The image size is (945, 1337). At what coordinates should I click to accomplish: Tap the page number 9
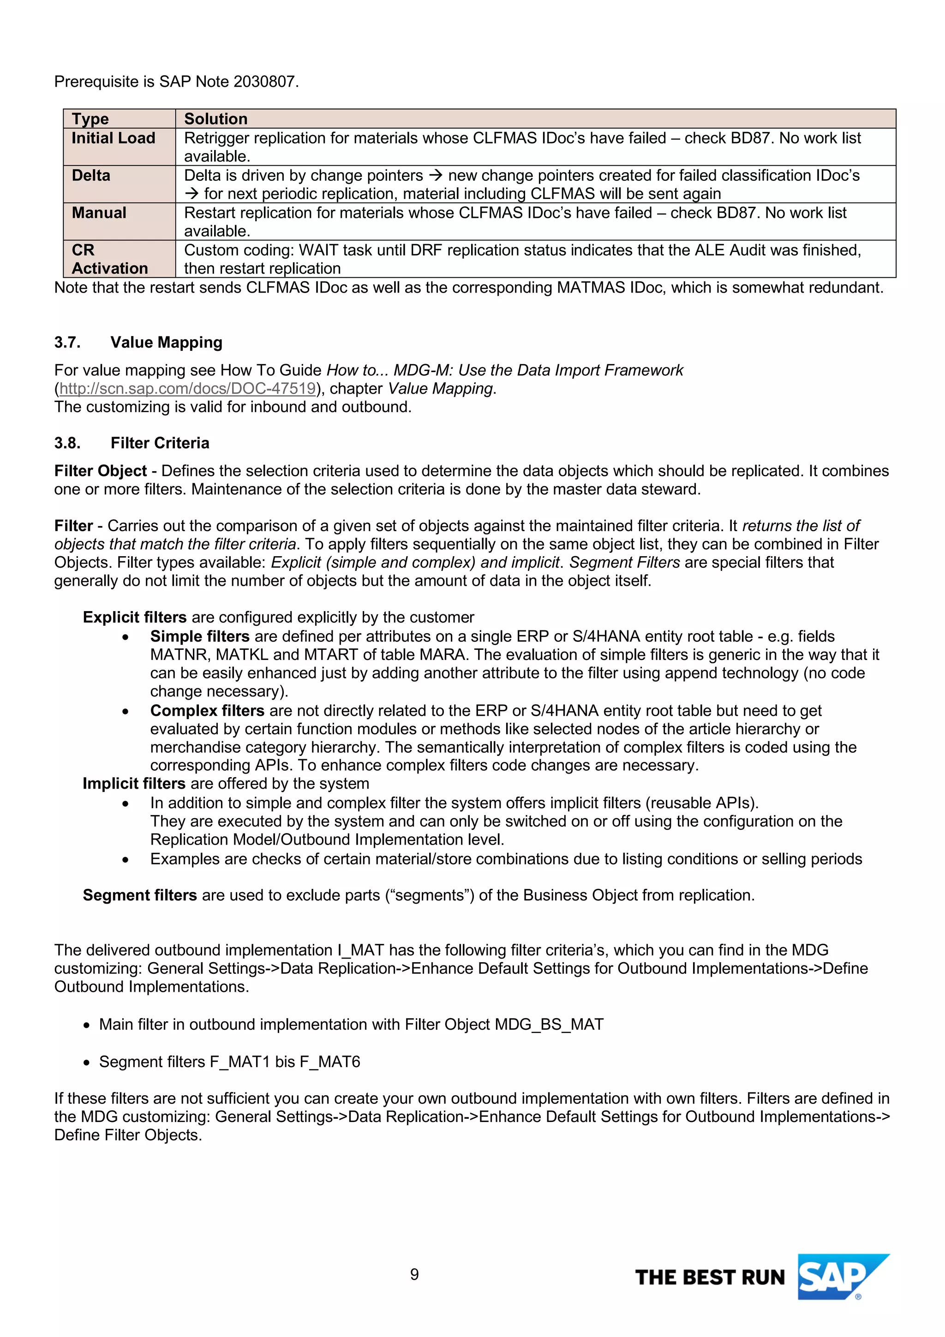[x=414, y=1274]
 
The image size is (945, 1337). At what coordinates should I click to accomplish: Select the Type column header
[x=90, y=119]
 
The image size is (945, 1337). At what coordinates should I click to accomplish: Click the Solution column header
[x=216, y=119]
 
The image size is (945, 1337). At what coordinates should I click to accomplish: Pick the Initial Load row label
[x=114, y=138]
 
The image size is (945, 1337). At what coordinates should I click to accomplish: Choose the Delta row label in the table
[x=91, y=175]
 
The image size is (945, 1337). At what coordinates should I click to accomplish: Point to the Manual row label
[x=99, y=213]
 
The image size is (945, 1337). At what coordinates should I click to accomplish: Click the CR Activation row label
[x=109, y=259]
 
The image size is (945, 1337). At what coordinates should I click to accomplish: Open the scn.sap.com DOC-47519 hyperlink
[x=187, y=389]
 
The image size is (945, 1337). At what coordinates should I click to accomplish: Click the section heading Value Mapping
[x=167, y=342]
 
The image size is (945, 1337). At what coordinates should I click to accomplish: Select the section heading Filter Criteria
[x=160, y=443]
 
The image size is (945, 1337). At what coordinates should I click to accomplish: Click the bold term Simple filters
[x=200, y=636]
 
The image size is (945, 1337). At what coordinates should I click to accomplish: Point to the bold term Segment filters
[x=140, y=895]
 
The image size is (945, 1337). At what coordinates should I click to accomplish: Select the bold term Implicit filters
[x=134, y=783]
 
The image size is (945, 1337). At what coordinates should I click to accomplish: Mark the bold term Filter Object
[x=101, y=471]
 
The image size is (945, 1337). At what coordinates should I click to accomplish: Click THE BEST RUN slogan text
[x=710, y=1277]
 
